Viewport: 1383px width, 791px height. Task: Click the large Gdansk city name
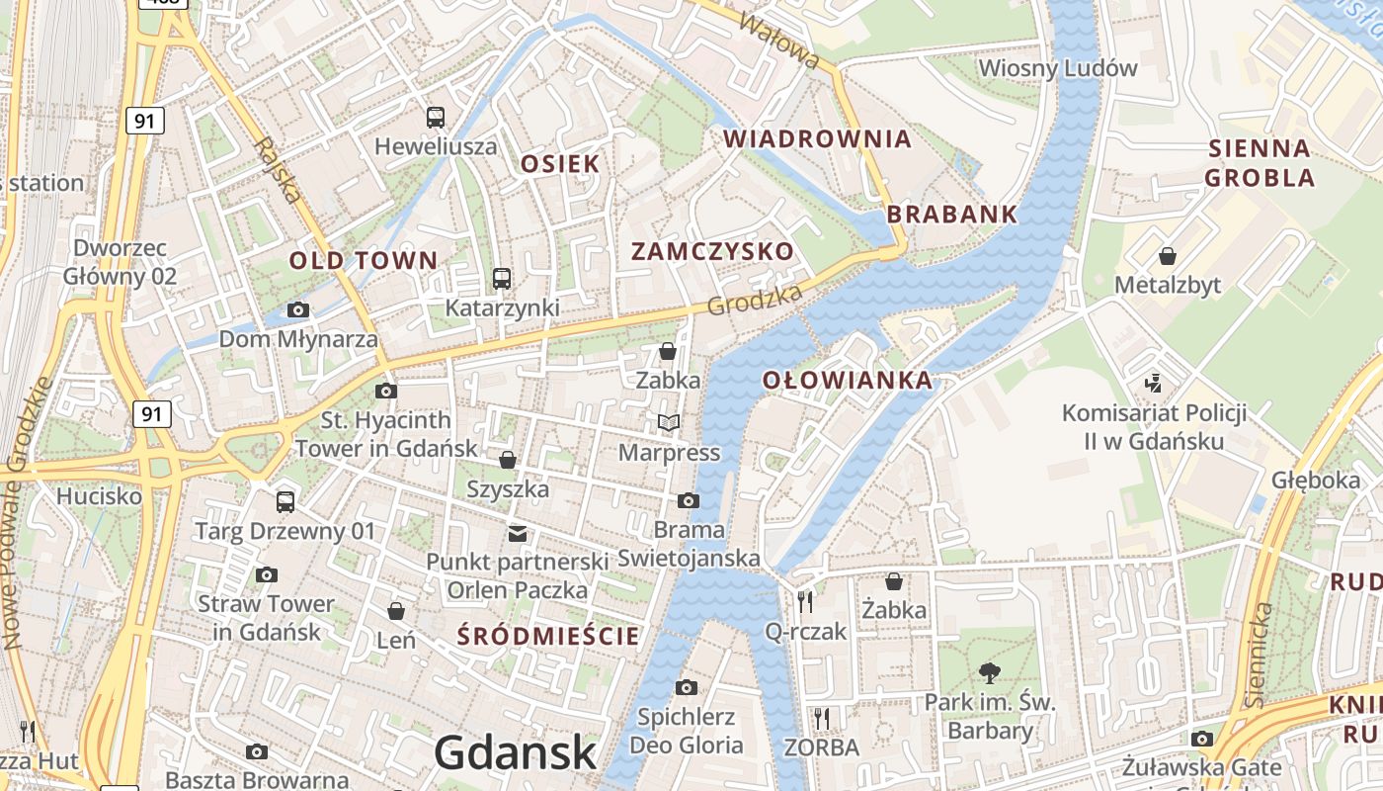516,752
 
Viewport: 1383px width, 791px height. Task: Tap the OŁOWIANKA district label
848,381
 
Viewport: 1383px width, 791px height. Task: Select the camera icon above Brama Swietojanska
689,500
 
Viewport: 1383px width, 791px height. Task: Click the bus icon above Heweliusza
436,118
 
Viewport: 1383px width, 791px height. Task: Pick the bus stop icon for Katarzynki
502,279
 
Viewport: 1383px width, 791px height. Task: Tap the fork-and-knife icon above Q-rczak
805,601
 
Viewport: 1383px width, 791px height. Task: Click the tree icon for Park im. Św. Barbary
989,673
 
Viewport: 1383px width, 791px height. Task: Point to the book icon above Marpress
669,423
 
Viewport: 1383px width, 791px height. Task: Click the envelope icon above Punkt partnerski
517,534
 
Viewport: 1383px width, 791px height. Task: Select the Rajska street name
277,169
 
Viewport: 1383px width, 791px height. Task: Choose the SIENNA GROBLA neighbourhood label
1260,163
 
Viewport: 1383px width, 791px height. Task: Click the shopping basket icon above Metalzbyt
1168,256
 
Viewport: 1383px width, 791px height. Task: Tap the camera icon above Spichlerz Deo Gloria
687,687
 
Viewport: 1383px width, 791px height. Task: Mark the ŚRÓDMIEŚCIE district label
548,636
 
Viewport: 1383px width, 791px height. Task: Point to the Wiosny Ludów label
1057,68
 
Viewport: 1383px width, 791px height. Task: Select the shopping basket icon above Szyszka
507,460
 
